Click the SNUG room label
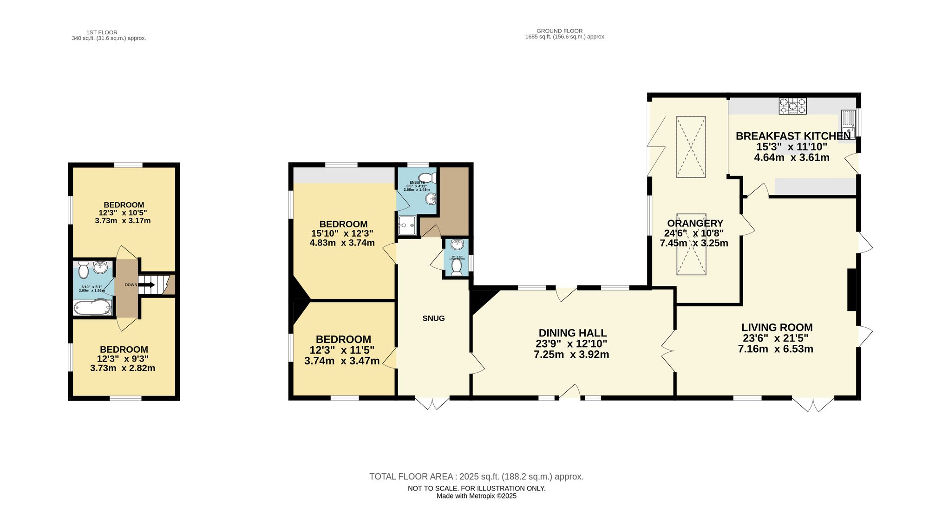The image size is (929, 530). (x=433, y=318)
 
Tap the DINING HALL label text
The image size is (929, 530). (x=572, y=333)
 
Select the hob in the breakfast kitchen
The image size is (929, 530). (x=792, y=106)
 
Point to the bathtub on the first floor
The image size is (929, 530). (x=92, y=308)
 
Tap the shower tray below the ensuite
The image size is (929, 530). (x=407, y=225)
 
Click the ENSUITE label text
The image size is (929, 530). (x=417, y=182)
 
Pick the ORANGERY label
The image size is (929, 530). (x=695, y=223)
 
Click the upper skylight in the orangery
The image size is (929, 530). (x=691, y=147)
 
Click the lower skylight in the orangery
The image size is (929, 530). (x=691, y=244)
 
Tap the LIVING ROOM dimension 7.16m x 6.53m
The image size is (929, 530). (x=775, y=349)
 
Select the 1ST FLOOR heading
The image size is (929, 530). (x=102, y=32)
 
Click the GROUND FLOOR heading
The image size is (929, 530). (x=559, y=31)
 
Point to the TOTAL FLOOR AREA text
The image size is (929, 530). (x=476, y=477)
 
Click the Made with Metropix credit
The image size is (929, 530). (x=476, y=496)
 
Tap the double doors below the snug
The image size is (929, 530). (x=432, y=403)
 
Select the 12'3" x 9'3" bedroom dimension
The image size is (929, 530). (x=123, y=359)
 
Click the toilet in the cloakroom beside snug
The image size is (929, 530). (x=457, y=266)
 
